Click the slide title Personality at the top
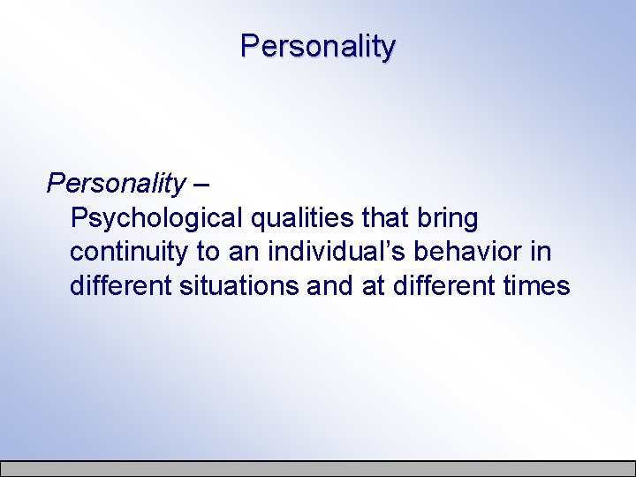coord(318,46)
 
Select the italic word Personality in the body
coord(116,184)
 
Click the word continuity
coord(129,252)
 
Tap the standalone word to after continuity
coord(208,252)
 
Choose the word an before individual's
coord(243,252)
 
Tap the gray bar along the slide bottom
coord(318,468)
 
